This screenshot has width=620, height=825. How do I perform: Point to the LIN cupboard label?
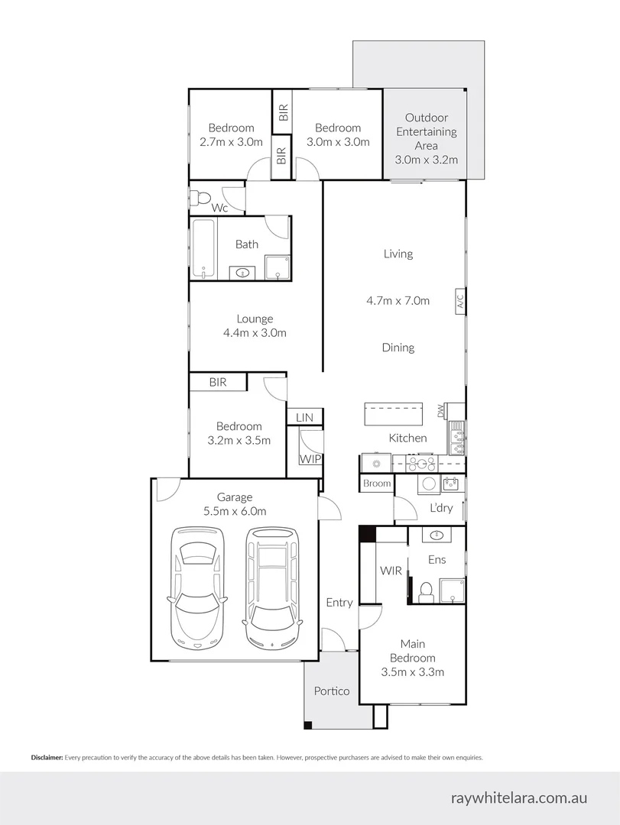[304, 418]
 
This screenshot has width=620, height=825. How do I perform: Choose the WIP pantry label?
[310, 459]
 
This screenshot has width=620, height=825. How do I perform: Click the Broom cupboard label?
[377, 484]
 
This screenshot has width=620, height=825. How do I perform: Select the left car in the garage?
[198, 587]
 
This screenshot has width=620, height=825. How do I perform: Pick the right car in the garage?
[271, 587]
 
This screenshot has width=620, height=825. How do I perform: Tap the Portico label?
[332, 691]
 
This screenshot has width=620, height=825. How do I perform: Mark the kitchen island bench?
[393, 415]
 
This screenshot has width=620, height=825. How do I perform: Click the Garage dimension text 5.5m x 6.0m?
[235, 512]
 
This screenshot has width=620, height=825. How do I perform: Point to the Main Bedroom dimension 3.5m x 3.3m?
[412, 672]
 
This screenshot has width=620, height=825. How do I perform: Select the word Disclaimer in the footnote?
[47, 758]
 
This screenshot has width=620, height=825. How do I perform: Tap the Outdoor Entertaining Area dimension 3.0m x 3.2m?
[426, 160]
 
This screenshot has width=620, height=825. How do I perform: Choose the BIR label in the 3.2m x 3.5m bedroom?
[218, 382]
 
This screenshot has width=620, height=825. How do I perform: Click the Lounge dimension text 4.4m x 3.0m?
[255, 333]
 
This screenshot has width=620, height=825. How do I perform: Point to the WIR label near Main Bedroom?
[391, 571]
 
